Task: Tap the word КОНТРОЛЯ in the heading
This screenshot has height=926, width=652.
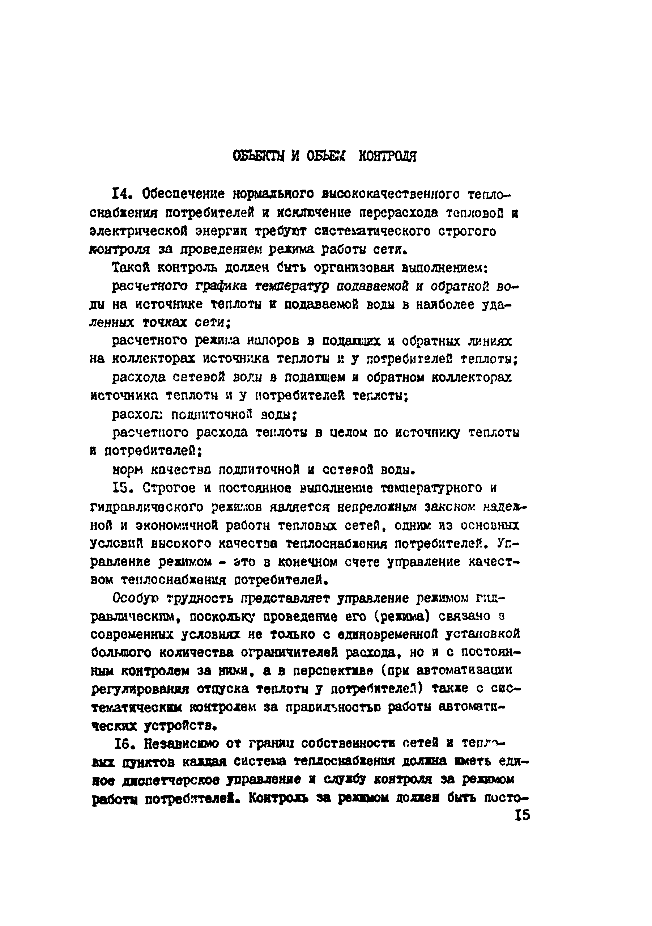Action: (387, 156)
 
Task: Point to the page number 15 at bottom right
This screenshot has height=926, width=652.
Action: (522, 816)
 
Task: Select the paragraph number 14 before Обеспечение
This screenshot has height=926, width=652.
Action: (123, 194)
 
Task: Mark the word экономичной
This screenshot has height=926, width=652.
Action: (177, 525)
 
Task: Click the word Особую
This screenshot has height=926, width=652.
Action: (135, 599)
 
